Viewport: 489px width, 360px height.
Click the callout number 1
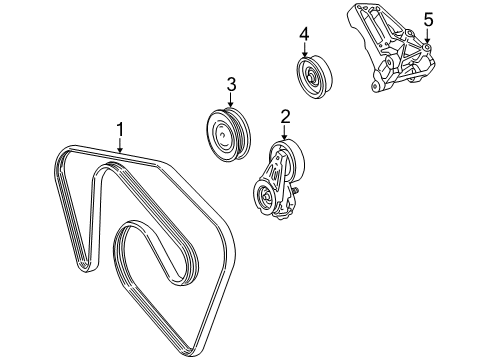click(x=120, y=129)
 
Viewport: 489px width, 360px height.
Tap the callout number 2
click(x=285, y=117)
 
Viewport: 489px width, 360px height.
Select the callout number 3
click(x=231, y=84)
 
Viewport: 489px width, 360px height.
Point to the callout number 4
click(x=304, y=34)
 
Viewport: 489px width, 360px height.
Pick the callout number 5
click(x=428, y=20)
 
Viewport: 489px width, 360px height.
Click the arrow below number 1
click(x=120, y=145)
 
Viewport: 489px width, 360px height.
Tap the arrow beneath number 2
click(x=284, y=132)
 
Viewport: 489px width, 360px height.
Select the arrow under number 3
click(x=231, y=100)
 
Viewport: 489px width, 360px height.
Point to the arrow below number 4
click(x=304, y=49)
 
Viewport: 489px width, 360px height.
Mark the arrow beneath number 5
click(x=427, y=36)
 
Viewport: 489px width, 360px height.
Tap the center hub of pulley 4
click(x=310, y=76)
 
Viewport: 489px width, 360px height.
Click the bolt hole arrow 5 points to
click(x=427, y=48)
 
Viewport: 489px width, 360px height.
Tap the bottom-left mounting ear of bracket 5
click(x=376, y=86)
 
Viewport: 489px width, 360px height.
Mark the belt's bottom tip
click(x=191, y=352)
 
